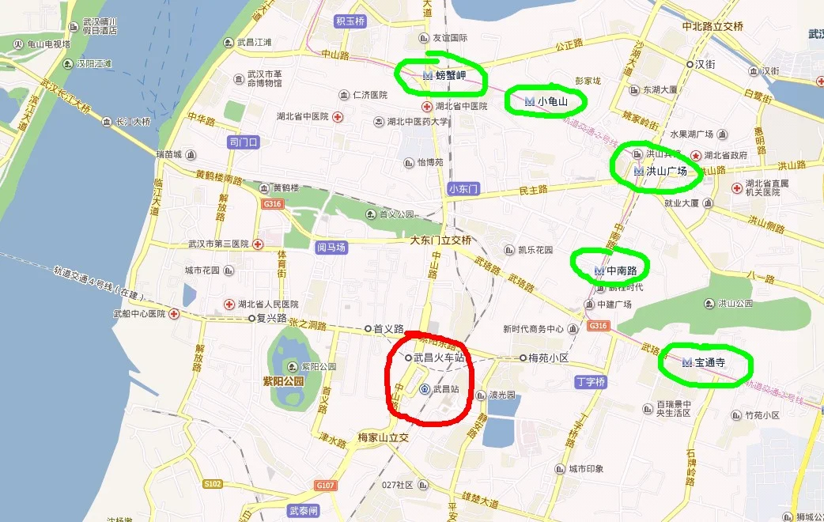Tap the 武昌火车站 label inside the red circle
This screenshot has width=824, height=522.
click(x=438, y=357)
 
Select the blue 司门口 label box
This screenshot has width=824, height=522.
click(x=244, y=142)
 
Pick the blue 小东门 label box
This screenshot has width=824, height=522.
click(x=463, y=189)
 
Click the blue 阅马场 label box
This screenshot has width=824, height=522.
click(x=331, y=247)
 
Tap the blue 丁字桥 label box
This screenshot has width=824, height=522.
click(x=591, y=382)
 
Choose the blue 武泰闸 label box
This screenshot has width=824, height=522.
click(x=304, y=511)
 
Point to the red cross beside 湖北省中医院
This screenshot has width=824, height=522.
click(x=338, y=117)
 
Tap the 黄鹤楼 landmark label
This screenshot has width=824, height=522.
click(x=285, y=188)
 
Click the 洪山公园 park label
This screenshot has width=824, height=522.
click(x=735, y=303)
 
